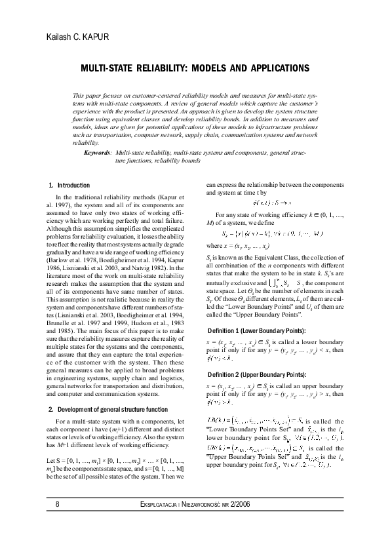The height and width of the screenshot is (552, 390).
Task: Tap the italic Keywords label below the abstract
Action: coord(97,151)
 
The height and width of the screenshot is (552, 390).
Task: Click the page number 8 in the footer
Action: coord(58,522)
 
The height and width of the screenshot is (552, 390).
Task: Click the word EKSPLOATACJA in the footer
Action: coord(165,522)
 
